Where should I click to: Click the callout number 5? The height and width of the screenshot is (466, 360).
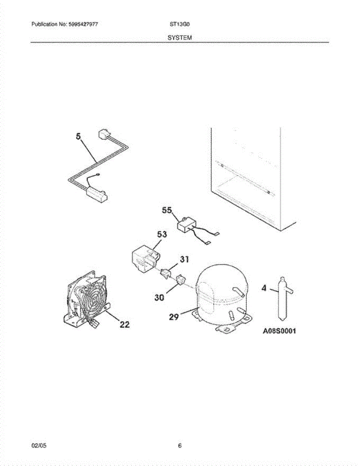click(78, 136)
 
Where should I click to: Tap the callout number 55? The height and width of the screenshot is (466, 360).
click(167, 210)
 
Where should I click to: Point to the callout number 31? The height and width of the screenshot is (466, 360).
click(184, 259)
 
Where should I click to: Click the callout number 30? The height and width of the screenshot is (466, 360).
click(159, 297)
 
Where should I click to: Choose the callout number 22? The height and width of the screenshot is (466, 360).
click(124, 325)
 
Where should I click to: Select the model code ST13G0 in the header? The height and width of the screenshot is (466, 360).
click(179, 24)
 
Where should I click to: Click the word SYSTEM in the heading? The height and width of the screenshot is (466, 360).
click(180, 38)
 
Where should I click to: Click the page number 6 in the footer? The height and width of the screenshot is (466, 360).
click(180, 446)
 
